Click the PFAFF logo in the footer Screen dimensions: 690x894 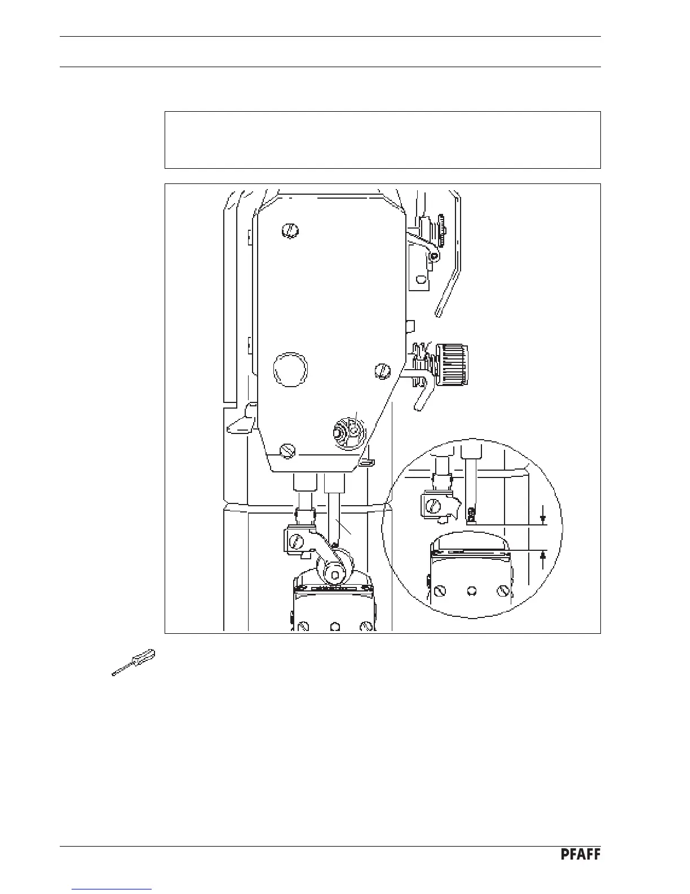(580, 855)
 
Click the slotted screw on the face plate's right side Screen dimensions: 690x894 (382, 371)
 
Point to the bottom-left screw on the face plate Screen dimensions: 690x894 (287, 450)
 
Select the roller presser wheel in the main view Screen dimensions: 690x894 (335, 572)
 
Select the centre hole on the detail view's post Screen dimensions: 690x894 (472, 591)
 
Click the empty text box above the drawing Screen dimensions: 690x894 (382, 139)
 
